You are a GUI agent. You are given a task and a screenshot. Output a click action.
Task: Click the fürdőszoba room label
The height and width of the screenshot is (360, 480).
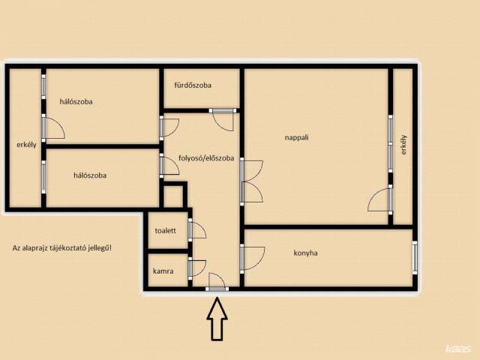(x=193, y=85)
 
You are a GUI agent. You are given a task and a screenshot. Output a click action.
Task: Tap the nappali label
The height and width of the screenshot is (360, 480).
(x=297, y=138)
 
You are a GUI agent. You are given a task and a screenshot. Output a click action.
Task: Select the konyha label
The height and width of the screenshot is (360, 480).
(x=305, y=253)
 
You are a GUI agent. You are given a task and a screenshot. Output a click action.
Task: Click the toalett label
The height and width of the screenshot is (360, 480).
(x=165, y=230)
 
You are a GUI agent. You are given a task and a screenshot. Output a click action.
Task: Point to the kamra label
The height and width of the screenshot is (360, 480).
(x=163, y=271)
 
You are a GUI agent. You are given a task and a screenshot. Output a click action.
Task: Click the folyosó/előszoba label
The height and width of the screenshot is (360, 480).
(x=206, y=158)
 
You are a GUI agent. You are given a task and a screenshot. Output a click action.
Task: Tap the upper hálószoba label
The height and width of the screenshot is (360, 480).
(x=76, y=102)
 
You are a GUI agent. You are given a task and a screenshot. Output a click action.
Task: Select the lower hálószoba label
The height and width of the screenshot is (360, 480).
(x=90, y=175)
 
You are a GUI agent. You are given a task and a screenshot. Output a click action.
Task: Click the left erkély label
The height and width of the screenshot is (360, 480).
(x=26, y=145)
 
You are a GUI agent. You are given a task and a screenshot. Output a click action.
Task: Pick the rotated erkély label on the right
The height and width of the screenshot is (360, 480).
(x=404, y=145)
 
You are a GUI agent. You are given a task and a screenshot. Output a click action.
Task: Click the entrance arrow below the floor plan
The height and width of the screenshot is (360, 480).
(x=217, y=319)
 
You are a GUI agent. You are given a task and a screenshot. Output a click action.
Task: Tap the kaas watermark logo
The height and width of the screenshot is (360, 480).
(x=458, y=349)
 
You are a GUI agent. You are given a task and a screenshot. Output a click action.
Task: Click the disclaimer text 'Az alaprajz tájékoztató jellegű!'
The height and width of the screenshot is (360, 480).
(x=62, y=248)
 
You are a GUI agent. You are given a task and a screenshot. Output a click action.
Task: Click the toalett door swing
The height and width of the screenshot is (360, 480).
(x=199, y=229)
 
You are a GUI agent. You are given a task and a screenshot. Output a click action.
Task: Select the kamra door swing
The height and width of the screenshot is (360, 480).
(x=199, y=268)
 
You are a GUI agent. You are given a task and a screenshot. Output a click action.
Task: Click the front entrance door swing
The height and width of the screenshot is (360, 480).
(x=217, y=280)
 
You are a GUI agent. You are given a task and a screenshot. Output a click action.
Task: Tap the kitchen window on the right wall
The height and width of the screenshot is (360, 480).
(x=415, y=258)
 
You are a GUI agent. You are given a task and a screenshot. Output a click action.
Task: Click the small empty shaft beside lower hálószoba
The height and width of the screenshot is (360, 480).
(x=173, y=196)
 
